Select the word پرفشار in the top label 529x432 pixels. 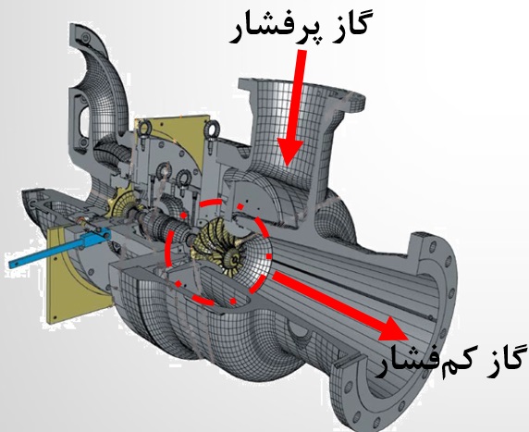coord(273,30)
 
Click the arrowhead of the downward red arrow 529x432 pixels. coord(289,152)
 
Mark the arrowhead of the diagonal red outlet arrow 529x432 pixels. coord(395,330)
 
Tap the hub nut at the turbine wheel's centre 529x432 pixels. coord(233,259)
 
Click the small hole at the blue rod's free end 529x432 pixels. coord(14,264)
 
